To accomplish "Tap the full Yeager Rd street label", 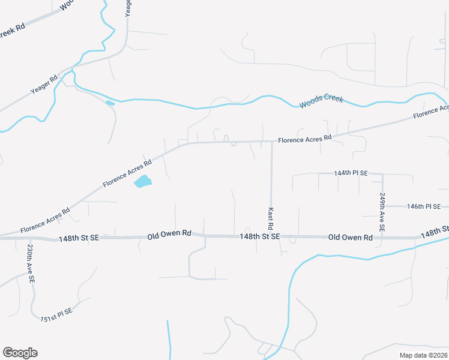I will (44, 87).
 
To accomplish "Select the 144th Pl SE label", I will (351, 173).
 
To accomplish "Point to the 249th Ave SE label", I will (382, 212).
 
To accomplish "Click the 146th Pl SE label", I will (424, 206).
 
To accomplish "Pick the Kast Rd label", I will (271, 219).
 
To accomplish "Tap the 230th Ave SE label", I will (30, 263).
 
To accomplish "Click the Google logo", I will (20, 353).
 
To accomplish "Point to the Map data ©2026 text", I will (423, 355).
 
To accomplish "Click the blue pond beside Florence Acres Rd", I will (142, 181).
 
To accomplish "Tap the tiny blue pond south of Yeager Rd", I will (110, 103).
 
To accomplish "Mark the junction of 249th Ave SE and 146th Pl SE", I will (382, 206).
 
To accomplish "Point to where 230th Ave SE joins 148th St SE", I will (28, 238).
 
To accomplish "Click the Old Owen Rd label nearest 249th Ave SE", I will (351, 238).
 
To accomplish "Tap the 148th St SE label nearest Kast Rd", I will (260, 237).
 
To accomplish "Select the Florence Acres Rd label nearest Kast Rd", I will (304, 139).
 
